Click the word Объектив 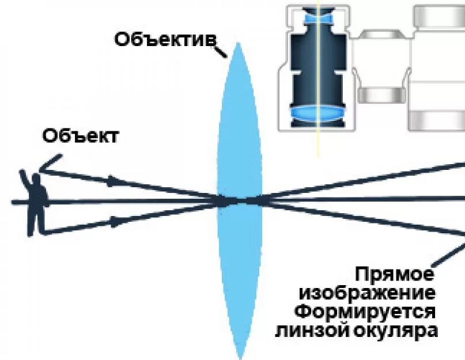[165, 39]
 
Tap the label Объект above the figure [80, 137]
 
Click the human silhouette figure [36, 202]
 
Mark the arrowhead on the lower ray [117, 221]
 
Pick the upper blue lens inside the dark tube [317, 18]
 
